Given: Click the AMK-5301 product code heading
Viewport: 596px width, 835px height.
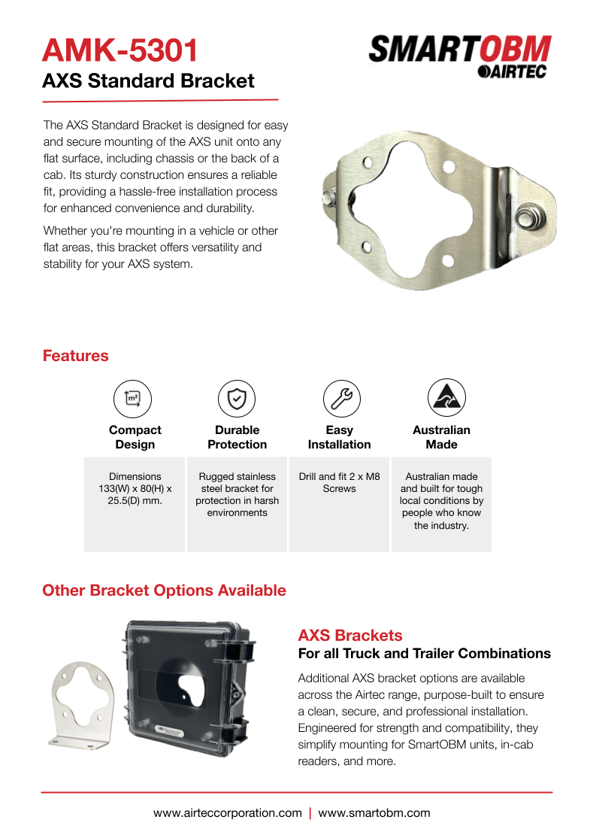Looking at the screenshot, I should [120, 50].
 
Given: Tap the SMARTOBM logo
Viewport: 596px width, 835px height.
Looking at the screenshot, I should [460, 51].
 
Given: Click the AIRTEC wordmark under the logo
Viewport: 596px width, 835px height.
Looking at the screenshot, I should [512, 71].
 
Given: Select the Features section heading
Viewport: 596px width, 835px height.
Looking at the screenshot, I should [75, 356].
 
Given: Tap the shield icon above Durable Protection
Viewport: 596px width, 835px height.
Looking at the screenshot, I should [237, 398].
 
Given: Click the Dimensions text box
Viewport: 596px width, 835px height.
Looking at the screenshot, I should [135, 488].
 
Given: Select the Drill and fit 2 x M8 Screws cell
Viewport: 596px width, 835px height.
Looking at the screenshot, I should [339, 482].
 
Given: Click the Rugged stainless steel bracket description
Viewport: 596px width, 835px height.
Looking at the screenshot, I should [237, 494].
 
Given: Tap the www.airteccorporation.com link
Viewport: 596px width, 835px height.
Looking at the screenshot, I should [228, 812].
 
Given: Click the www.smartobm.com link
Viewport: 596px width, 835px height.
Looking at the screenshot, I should [374, 812].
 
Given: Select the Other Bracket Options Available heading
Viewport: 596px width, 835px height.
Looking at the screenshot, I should [164, 591].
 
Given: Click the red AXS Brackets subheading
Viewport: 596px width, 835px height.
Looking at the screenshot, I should [350, 635].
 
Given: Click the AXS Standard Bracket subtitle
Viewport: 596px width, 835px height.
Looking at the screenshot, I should [148, 81].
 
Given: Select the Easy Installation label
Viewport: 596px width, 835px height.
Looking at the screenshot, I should [339, 437].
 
